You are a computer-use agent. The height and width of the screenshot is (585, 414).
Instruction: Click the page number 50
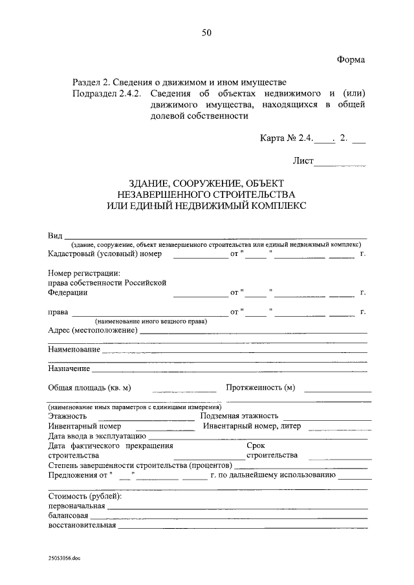[x=206, y=32]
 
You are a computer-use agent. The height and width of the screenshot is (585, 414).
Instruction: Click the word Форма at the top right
[x=351, y=59]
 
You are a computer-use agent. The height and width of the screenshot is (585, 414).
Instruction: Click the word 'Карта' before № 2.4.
[x=272, y=138]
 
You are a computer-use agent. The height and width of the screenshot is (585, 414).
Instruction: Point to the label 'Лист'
[x=303, y=160]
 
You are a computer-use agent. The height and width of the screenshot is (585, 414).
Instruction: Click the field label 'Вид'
[x=55, y=235]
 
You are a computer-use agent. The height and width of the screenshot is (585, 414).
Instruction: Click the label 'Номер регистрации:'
[x=83, y=273]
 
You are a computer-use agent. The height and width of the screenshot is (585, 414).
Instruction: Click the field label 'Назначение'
[x=69, y=369]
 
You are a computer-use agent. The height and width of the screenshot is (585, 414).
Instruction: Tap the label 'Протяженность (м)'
[x=261, y=388]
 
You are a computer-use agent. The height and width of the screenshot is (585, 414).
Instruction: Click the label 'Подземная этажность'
[x=239, y=416]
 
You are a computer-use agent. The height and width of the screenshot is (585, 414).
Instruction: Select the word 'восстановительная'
[x=82, y=525]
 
